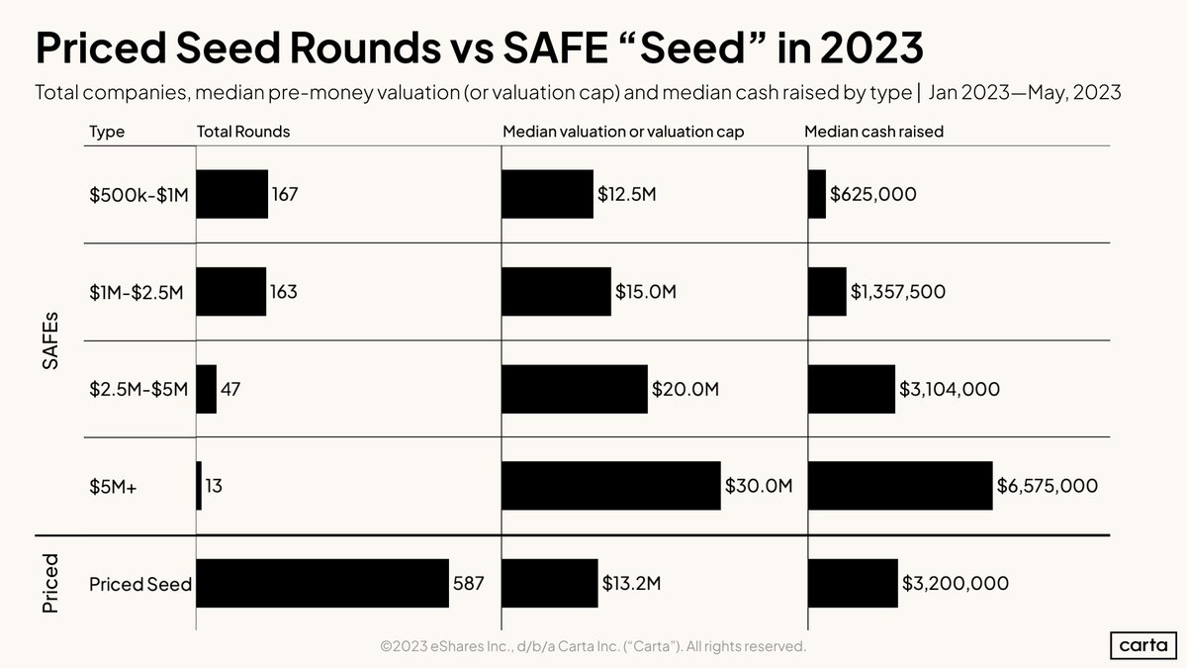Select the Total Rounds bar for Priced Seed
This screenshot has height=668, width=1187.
click(x=322, y=584)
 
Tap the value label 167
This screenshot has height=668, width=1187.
click(x=285, y=195)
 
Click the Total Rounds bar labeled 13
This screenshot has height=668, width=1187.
click(x=199, y=486)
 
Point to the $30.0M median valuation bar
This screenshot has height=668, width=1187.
click(x=611, y=486)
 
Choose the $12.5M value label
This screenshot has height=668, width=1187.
click(x=626, y=195)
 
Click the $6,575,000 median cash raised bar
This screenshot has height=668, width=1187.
click(x=900, y=486)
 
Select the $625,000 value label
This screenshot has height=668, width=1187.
click(x=872, y=195)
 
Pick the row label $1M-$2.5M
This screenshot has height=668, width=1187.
click(x=137, y=292)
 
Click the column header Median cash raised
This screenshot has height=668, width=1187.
click(x=873, y=132)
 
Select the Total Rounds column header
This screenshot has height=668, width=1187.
click(x=243, y=132)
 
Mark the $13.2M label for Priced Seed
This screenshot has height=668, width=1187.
click(x=631, y=584)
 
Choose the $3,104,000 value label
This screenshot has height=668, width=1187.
click(x=949, y=389)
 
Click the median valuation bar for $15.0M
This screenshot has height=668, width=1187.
click(x=556, y=292)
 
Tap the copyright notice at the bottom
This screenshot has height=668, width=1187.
click(x=593, y=646)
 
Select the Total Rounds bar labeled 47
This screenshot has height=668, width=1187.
click(x=207, y=389)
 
